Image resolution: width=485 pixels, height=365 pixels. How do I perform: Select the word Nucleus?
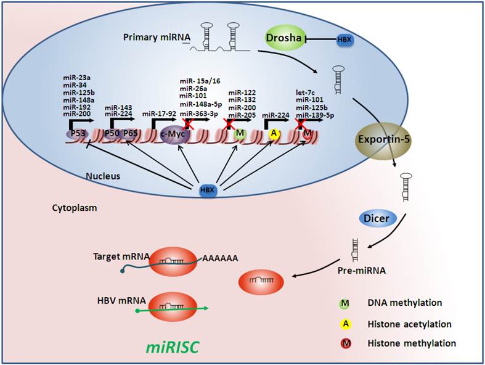click(x=102, y=176)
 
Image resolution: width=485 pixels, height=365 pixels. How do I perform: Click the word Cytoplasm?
click(x=74, y=208)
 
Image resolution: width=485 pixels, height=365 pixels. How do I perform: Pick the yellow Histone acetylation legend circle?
click(x=346, y=323)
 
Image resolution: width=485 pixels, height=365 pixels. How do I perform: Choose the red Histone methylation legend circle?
click(x=346, y=343)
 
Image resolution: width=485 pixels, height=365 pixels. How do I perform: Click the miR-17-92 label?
click(x=158, y=113)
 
